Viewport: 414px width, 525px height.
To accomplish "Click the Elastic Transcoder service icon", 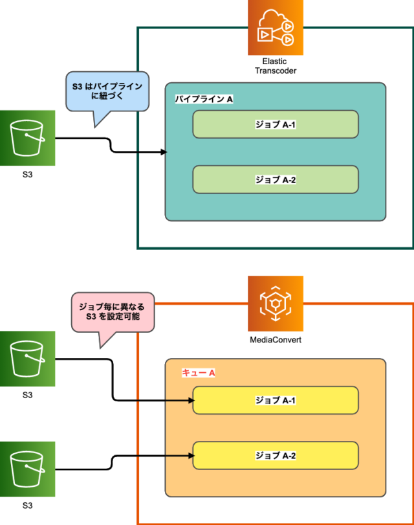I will [x=276, y=28].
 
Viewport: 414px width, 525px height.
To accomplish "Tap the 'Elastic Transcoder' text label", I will [x=276, y=66].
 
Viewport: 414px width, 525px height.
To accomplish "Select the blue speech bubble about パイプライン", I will [x=107, y=91].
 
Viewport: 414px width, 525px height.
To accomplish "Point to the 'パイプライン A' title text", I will [x=204, y=99].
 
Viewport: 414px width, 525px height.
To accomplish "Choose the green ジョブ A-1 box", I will [x=276, y=124].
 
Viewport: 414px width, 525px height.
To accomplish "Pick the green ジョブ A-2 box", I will [x=276, y=179].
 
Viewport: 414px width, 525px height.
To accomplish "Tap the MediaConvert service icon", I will [x=276, y=303].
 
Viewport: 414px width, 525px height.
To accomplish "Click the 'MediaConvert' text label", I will [x=276, y=340].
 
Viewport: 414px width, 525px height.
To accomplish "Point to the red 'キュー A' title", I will [x=199, y=374].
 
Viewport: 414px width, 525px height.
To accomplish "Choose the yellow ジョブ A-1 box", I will [x=276, y=400].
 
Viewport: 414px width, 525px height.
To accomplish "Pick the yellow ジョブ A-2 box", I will [x=276, y=456].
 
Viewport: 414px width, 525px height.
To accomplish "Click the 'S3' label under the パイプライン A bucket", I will [x=27, y=175].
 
